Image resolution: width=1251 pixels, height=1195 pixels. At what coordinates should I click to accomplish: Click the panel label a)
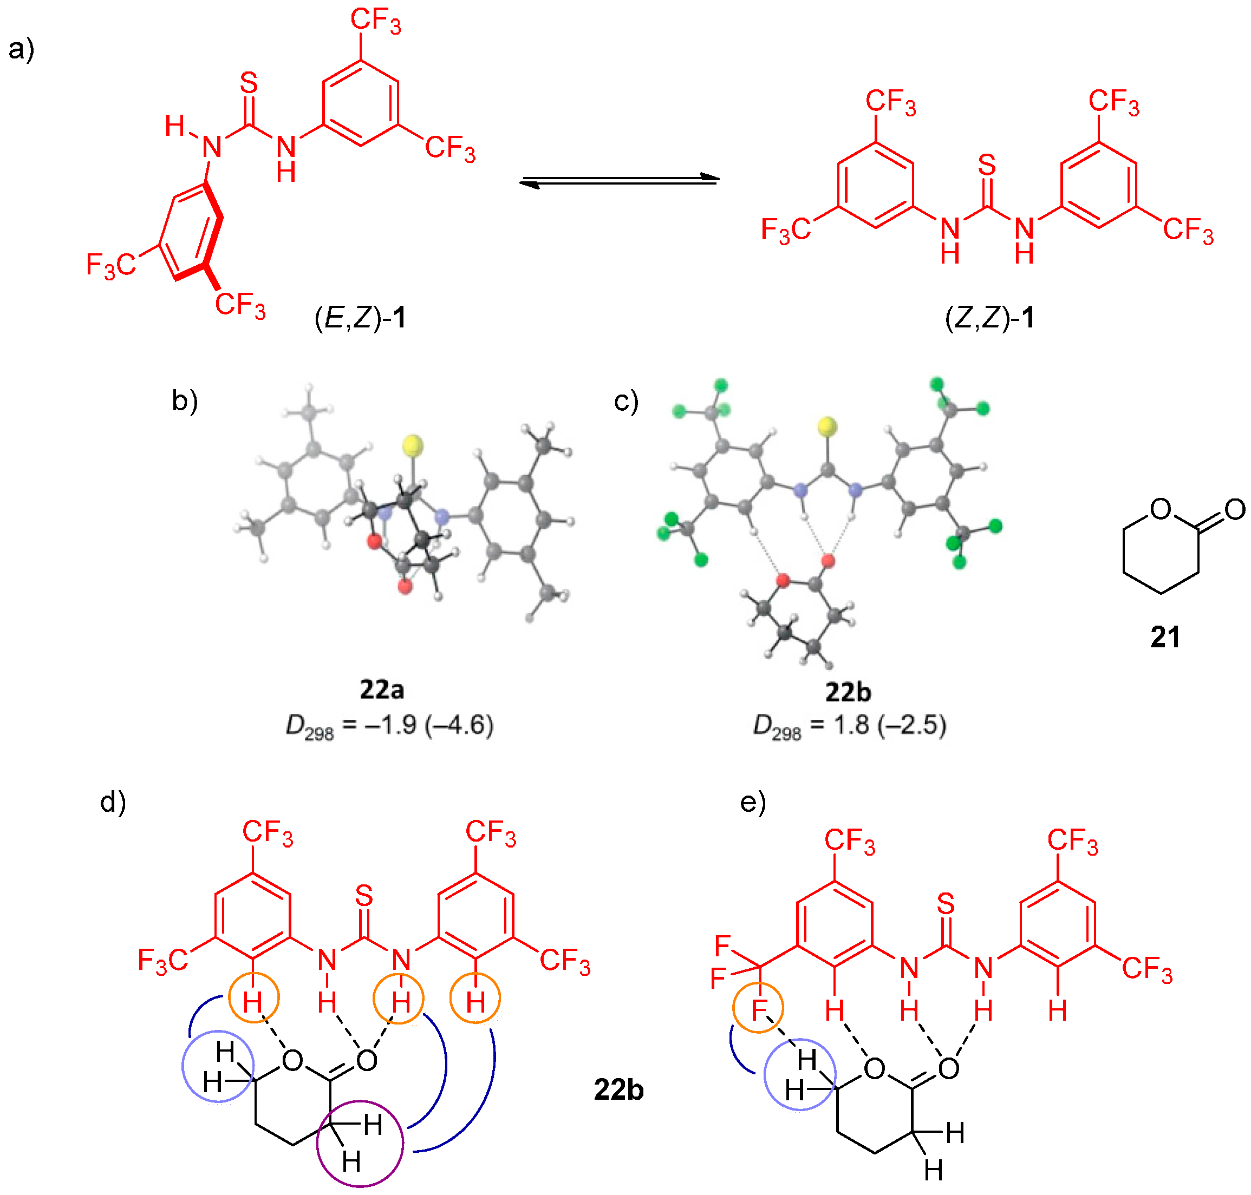pyautogui.click(x=21, y=49)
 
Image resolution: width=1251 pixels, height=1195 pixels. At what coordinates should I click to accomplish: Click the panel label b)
pyautogui.click(x=185, y=401)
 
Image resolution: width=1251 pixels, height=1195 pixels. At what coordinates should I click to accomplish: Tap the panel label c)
pyautogui.click(x=626, y=401)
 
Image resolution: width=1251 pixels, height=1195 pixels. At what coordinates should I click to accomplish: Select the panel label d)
pyautogui.click(x=113, y=803)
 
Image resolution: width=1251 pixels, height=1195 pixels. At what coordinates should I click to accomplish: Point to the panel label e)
pyautogui.click(x=752, y=803)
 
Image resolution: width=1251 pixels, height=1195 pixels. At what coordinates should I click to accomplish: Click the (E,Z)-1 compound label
pyautogui.click(x=360, y=317)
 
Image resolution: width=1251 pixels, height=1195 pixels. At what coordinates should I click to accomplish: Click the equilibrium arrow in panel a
pyautogui.click(x=620, y=181)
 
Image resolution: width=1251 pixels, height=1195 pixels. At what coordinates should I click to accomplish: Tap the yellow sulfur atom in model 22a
pyautogui.click(x=413, y=445)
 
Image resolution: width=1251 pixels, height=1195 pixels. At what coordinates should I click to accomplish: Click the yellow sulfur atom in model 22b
pyautogui.click(x=827, y=425)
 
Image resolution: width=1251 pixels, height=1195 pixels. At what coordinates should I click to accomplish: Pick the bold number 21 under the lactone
pyautogui.click(x=1165, y=637)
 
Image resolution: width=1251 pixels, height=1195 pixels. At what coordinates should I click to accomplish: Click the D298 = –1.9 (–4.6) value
pyautogui.click(x=389, y=726)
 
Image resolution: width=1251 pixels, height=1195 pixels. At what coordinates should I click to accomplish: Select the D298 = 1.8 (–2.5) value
pyautogui.click(x=850, y=726)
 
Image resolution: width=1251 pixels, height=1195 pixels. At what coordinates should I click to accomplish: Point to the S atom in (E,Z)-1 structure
pyautogui.click(x=249, y=83)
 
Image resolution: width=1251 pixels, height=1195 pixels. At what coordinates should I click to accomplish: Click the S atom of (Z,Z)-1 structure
pyautogui.click(x=987, y=166)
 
